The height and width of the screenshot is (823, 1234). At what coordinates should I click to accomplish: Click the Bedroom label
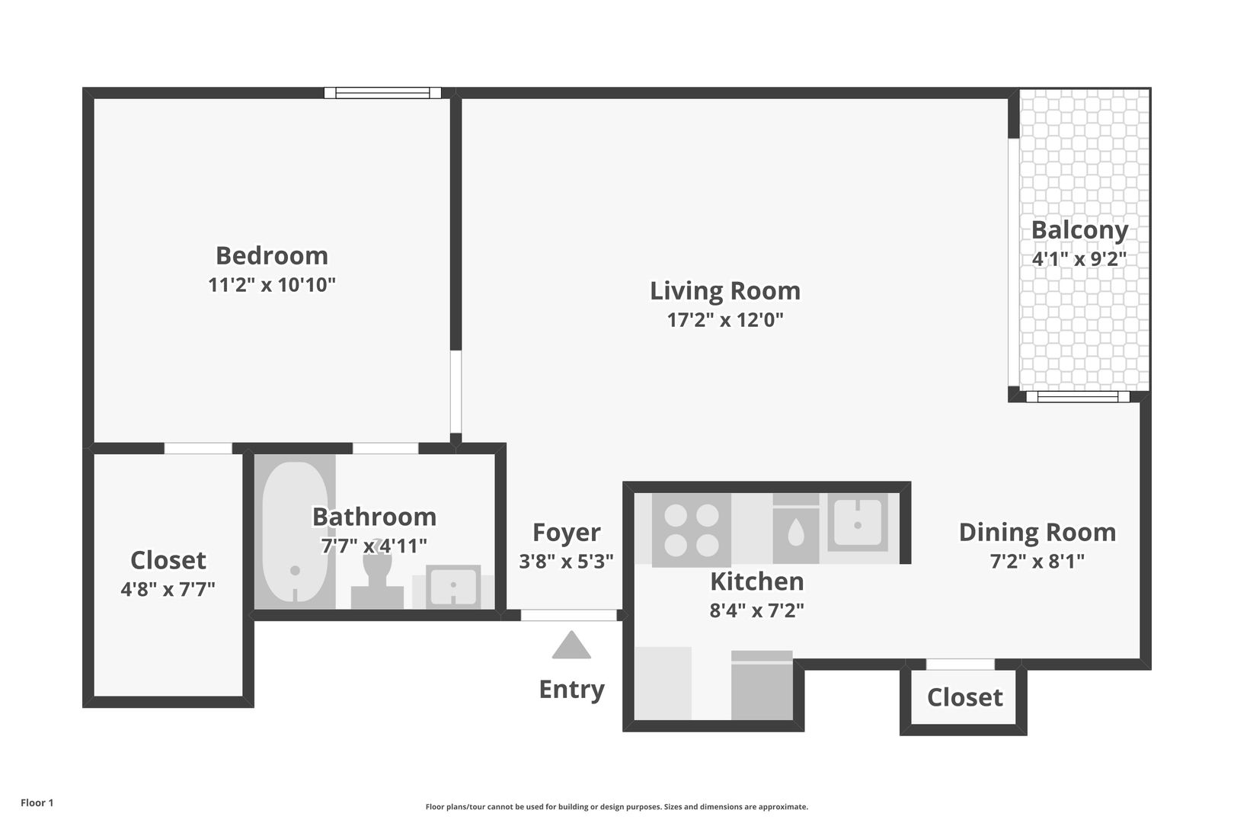click(272, 256)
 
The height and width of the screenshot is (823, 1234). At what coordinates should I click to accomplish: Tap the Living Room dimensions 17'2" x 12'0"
click(725, 320)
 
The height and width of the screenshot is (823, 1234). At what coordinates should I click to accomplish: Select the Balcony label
click(1080, 231)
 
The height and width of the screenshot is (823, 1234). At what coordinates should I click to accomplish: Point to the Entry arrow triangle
click(571, 645)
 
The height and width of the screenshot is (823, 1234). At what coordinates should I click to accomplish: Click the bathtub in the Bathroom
click(295, 532)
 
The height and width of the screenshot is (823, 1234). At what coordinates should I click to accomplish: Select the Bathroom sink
click(452, 586)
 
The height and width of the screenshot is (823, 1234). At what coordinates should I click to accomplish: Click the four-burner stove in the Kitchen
click(692, 530)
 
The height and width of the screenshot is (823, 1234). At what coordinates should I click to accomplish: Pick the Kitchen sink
click(857, 522)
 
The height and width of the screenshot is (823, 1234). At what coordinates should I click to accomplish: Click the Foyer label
click(566, 533)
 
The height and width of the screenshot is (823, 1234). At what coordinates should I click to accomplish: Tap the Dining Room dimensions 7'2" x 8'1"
click(1037, 561)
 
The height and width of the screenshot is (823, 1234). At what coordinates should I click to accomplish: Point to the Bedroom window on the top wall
click(382, 93)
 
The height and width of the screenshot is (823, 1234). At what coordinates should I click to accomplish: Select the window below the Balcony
click(1078, 396)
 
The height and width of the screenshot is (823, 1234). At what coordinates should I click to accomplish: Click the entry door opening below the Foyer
click(568, 615)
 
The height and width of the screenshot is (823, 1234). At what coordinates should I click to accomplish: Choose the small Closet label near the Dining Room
click(964, 698)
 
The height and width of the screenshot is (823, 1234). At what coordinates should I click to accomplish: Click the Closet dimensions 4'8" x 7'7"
click(168, 590)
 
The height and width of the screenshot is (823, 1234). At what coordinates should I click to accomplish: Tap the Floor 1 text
click(37, 802)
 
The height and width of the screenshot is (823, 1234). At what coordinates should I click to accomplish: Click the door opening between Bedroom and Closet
click(198, 448)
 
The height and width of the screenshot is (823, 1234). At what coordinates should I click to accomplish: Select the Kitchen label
click(757, 581)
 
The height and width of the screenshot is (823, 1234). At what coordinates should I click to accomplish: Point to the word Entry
click(572, 690)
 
